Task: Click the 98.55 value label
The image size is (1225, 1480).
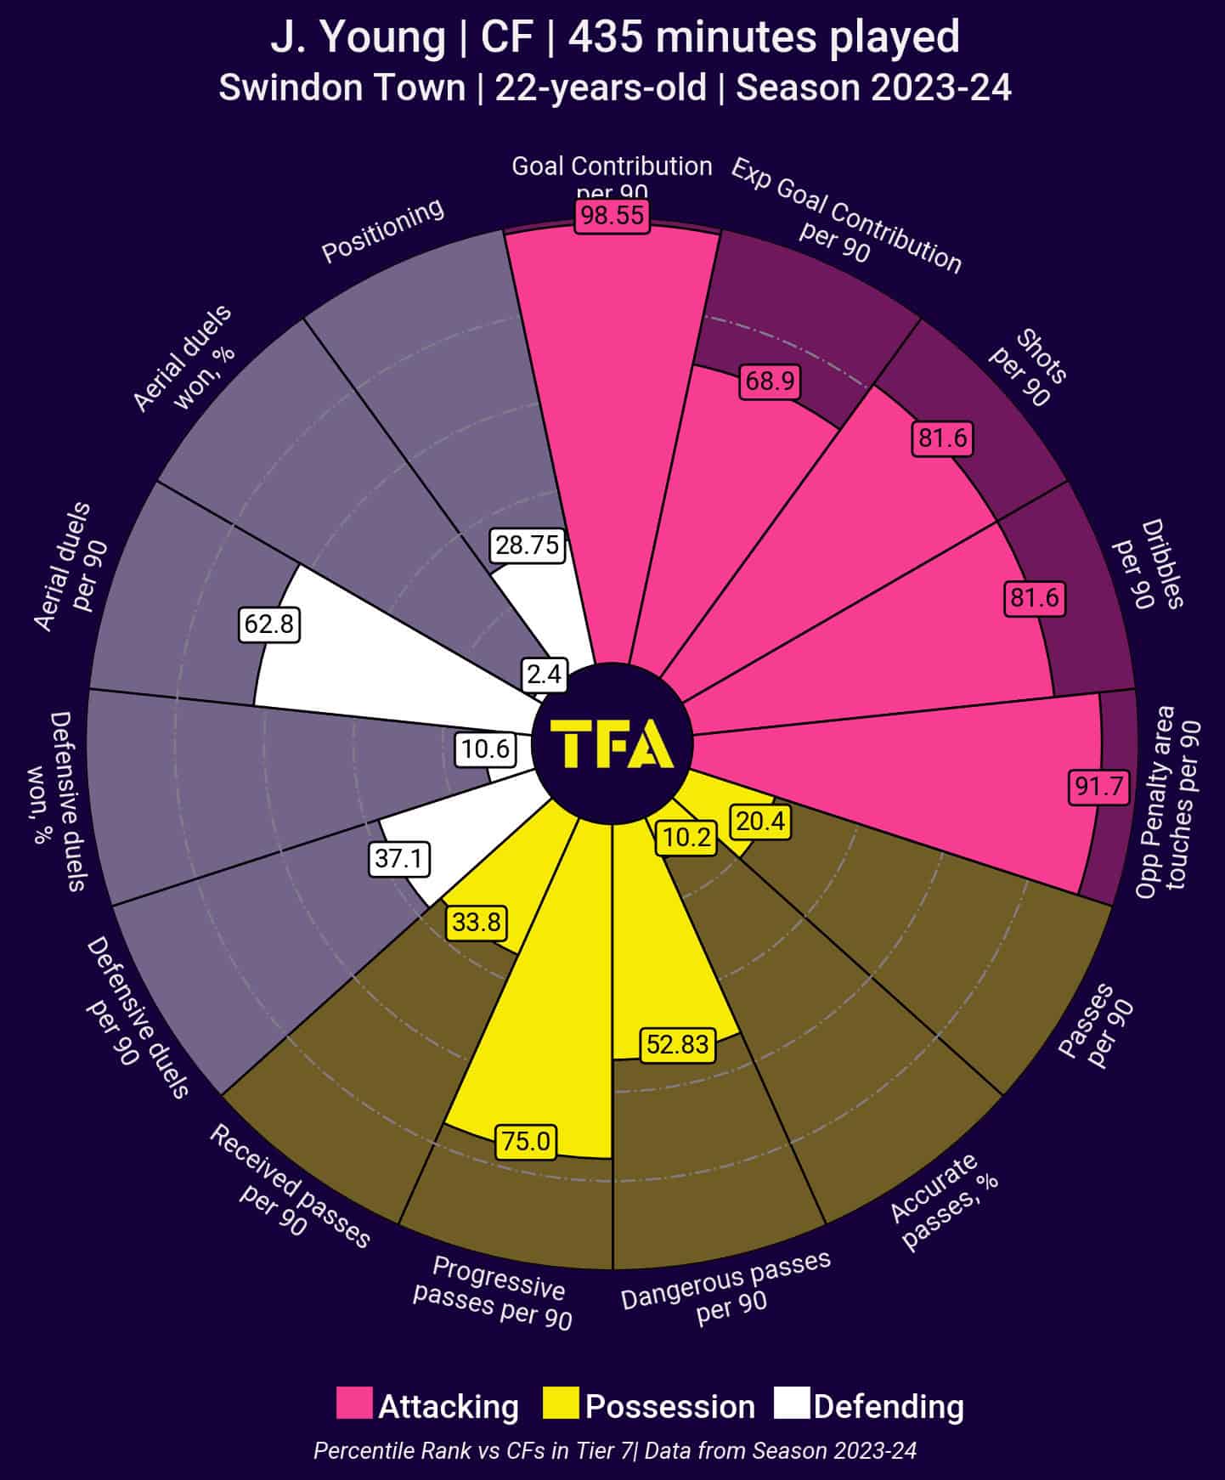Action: point(612,217)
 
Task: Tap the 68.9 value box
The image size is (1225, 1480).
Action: point(770,381)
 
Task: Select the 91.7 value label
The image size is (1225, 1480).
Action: point(1099,786)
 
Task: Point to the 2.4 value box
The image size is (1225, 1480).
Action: point(544,674)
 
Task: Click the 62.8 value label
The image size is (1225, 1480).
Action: point(268,624)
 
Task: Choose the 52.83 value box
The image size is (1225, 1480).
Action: point(677,1044)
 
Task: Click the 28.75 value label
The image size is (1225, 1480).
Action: point(528,545)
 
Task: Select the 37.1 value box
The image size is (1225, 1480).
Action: point(398,859)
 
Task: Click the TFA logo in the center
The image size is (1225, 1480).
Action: point(612,743)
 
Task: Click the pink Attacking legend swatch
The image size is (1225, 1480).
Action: point(353,1404)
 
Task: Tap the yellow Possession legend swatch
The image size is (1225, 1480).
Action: point(561,1404)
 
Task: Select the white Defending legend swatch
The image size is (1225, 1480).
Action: point(792,1404)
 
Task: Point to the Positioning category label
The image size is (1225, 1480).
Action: point(382,230)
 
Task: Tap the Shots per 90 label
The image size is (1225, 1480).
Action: point(1029,368)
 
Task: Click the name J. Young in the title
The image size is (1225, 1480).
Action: point(357,38)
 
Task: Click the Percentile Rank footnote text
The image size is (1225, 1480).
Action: point(614,1450)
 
